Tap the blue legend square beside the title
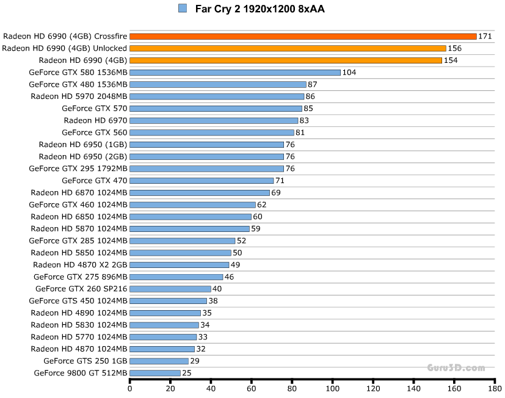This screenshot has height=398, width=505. [x=183, y=9]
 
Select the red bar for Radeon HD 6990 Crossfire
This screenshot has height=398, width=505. [x=303, y=37]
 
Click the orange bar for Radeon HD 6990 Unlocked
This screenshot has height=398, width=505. [x=288, y=48]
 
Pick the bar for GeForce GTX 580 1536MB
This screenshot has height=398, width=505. [x=235, y=73]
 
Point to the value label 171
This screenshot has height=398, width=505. [x=485, y=37]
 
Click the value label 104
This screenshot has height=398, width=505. [x=349, y=73]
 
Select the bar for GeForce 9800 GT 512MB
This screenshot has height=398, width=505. [x=155, y=373]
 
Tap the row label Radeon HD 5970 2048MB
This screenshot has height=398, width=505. [x=79, y=96]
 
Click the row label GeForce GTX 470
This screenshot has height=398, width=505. [x=95, y=181]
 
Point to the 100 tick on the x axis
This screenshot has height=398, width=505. [x=333, y=387]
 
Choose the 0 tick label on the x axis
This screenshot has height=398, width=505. [x=130, y=387]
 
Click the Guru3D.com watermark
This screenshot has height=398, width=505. [x=456, y=367]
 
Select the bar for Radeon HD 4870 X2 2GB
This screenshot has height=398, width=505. [x=180, y=265]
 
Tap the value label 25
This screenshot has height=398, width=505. [x=187, y=373]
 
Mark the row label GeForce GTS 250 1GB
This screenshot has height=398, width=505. [x=85, y=361]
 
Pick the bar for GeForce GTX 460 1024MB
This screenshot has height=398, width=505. [x=192, y=205]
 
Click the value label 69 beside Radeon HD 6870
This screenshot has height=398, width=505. [x=275, y=193]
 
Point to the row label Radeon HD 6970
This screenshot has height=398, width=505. [x=95, y=121]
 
